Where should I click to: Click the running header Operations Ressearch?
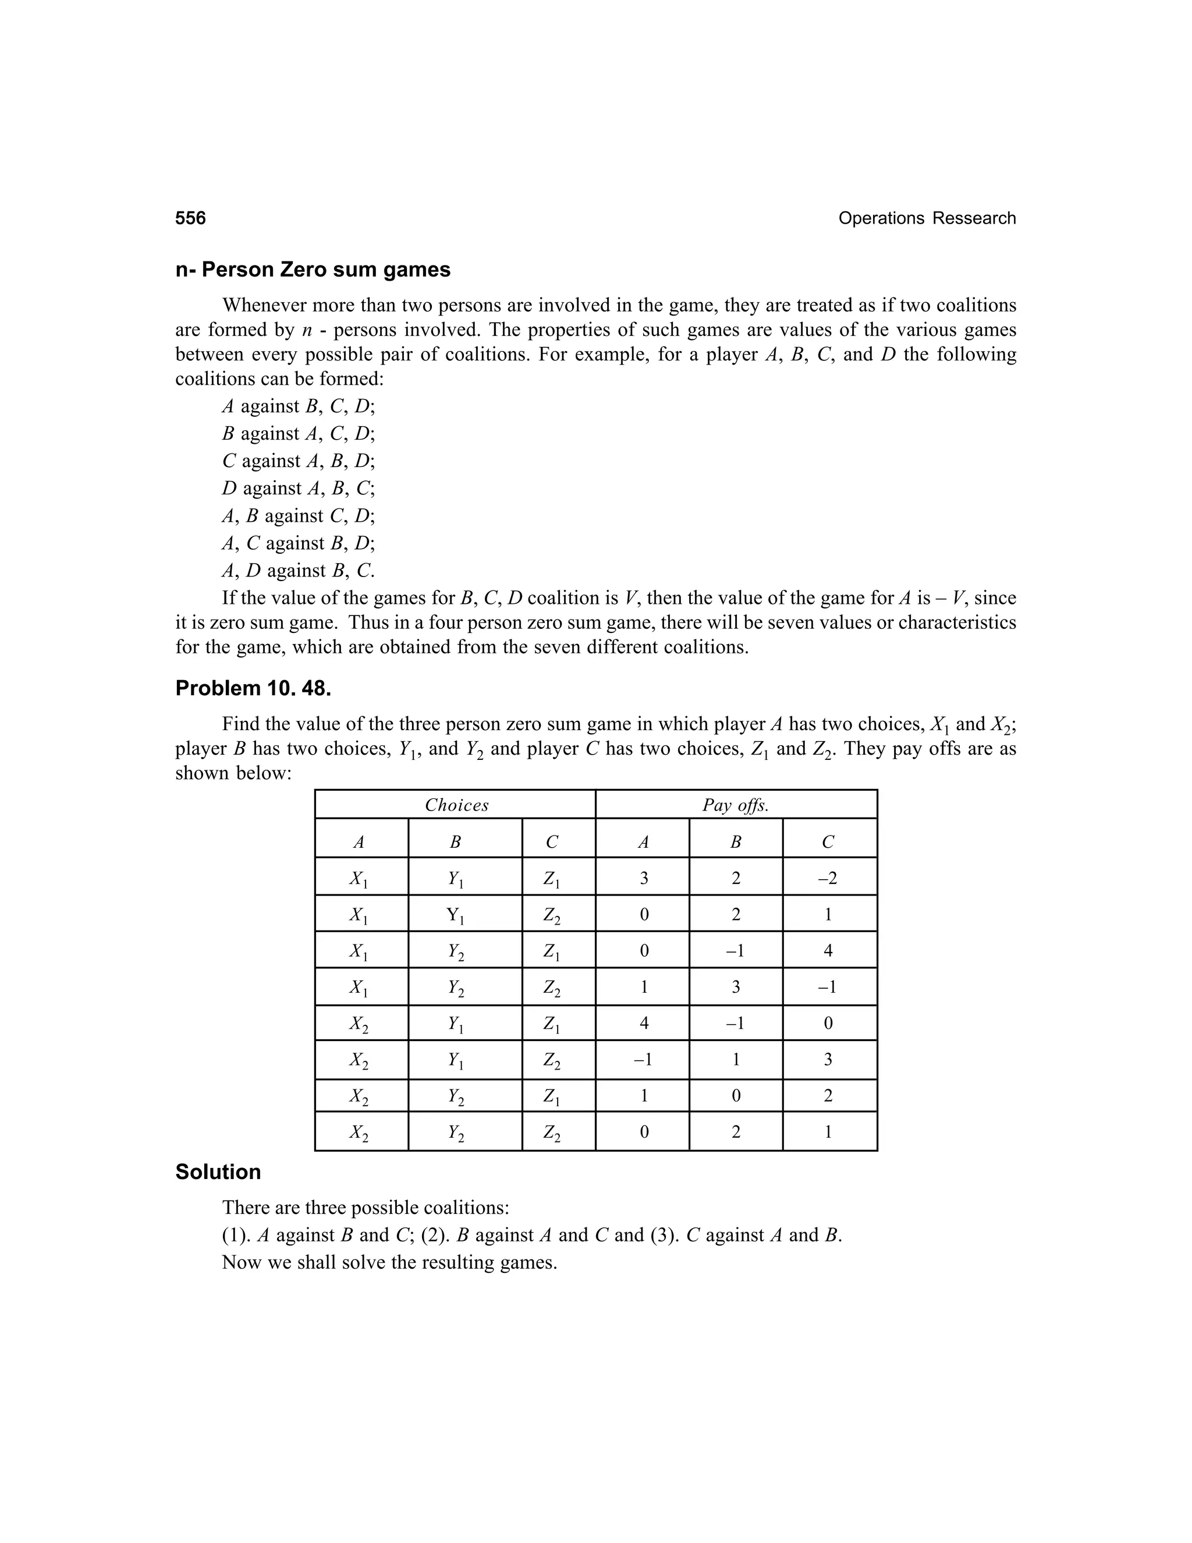[927, 218]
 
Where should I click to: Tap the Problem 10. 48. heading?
[253, 688]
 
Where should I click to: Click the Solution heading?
[218, 1172]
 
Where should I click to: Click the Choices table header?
[456, 805]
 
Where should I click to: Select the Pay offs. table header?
[735, 805]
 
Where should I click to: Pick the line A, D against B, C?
[298, 570]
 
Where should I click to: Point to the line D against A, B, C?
[298, 488]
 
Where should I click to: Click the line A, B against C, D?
[298, 516]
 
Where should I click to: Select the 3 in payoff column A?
[643, 878]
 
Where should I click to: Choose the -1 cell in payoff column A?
[643, 1059]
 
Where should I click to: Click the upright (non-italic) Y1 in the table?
[456, 916]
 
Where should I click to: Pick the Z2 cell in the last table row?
[552, 1133]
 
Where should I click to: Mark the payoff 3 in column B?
[735, 987]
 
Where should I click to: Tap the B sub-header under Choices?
[456, 841]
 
